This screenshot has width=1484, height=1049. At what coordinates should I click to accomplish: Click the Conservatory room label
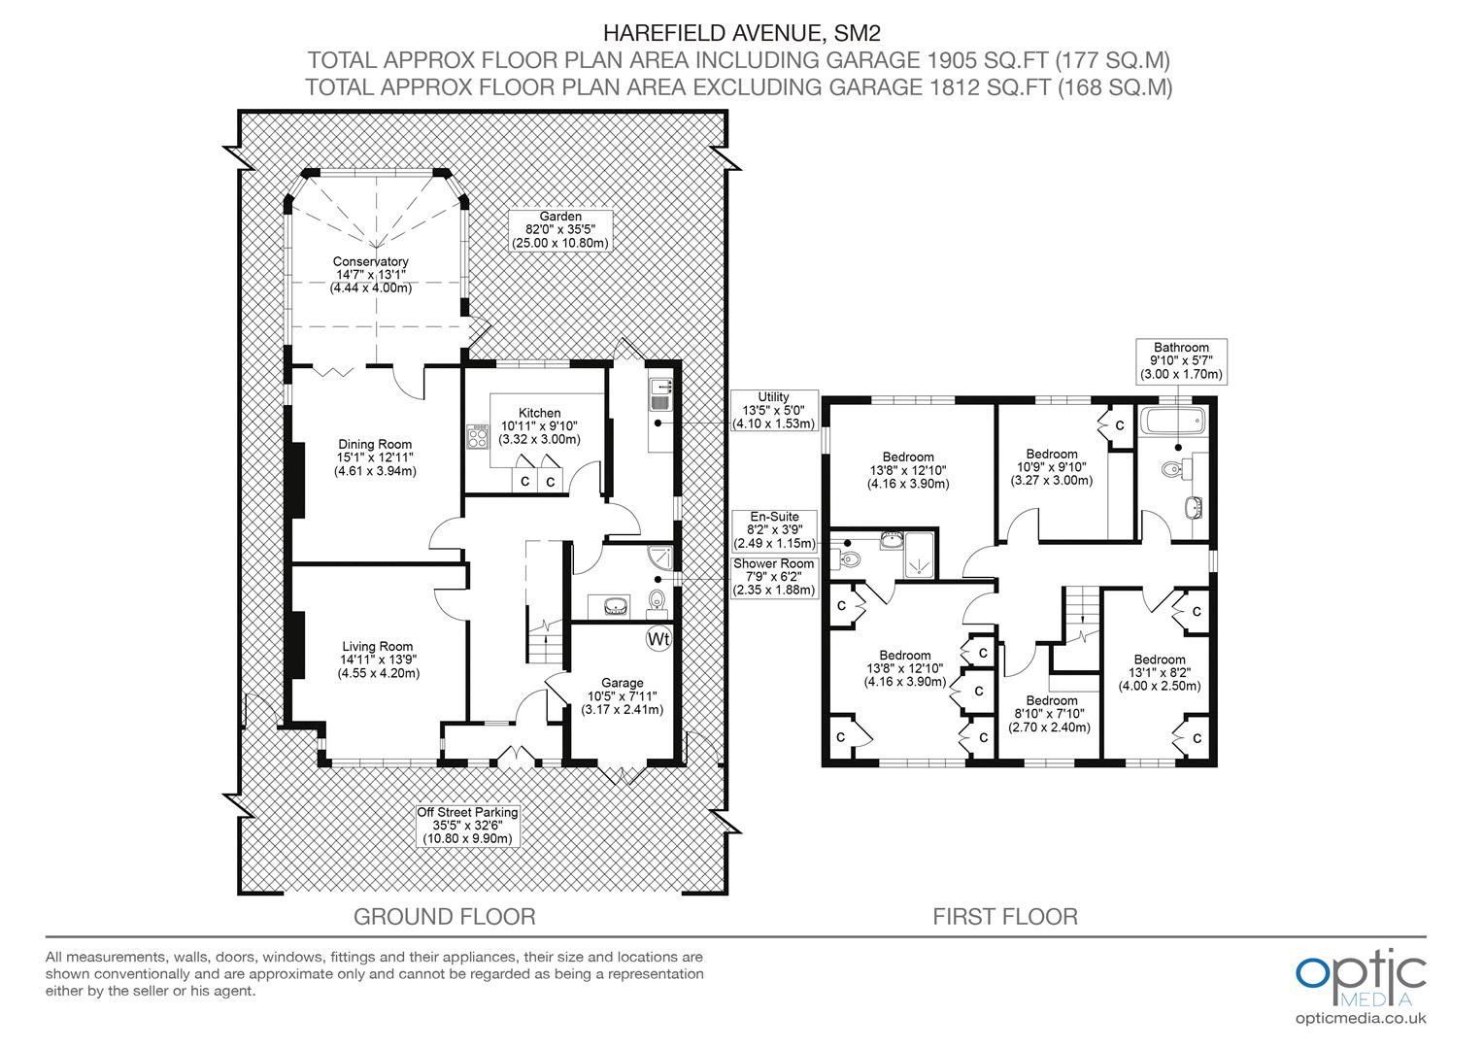click(370, 275)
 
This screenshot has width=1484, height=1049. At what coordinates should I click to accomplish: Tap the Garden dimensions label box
click(559, 230)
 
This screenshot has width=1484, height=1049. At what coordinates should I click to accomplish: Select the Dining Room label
click(375, 457)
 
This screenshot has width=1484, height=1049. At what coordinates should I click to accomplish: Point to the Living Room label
click(378, 660)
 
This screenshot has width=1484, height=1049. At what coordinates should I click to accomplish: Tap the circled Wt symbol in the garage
click(658, 639)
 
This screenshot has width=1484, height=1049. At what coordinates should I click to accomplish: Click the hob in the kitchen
click(477, 437)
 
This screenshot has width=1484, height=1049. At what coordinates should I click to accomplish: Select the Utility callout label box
click(774, 410)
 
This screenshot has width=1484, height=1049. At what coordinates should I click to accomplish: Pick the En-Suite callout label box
click(774, 530)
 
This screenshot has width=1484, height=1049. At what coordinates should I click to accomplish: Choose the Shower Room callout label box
click(774, 577)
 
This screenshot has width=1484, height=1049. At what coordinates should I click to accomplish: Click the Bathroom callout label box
click(1181, 361)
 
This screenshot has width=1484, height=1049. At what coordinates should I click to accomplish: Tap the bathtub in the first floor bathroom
click(1172, 420)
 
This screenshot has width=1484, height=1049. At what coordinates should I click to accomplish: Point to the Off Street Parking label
click(468, 826)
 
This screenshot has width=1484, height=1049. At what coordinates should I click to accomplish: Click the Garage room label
click(623, 696)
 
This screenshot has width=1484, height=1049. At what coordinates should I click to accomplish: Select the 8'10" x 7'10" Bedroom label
click(1052, 714)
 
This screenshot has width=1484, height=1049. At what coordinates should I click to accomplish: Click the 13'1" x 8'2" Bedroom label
click(1160, 672)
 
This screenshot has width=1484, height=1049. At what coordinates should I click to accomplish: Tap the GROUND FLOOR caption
click(445, 917)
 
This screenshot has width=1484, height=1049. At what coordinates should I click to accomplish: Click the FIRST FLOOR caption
click(1005, 917)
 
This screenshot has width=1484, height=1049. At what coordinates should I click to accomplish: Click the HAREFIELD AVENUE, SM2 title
click(742, 32)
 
